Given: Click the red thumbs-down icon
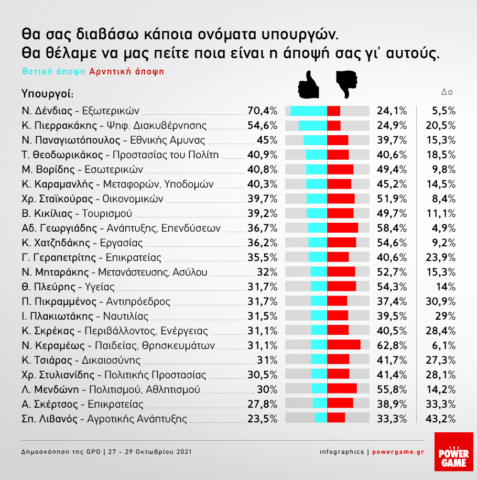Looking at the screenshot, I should (x=346, y=84).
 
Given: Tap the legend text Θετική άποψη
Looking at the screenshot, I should (x=54, y=72).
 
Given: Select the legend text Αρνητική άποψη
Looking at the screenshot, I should (x=127, y=72).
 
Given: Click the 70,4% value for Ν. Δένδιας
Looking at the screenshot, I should (x=262, y=111).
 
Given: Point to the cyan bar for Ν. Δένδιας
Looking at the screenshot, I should (x=309, y=111).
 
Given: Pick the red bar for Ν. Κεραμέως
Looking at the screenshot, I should (x=344, y=344).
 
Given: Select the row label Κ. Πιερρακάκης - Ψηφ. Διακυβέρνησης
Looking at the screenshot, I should (x=114, y=126).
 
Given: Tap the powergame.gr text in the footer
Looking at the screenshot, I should (x=398, y=452).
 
